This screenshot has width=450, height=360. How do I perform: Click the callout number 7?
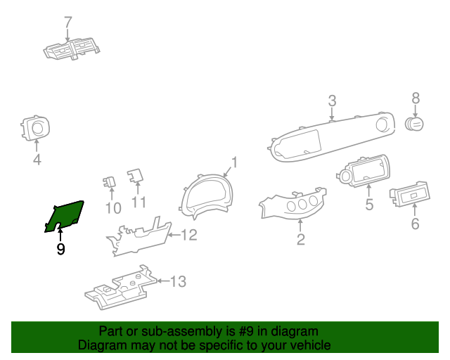click(68, 22)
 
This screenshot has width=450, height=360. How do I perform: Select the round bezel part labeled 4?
click(36, 127)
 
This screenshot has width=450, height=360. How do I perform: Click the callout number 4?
click(37, 160)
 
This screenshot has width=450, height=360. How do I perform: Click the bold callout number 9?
click(60, 249)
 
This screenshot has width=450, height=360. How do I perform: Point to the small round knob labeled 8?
click(414, 124)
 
